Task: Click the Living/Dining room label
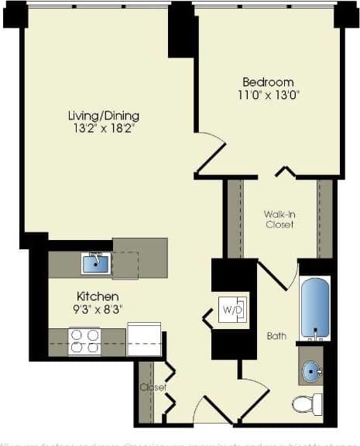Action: [103, 115]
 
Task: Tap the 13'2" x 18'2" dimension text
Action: [103, 129]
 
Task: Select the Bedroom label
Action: [268, 82]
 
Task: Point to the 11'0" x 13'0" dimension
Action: [268, 96]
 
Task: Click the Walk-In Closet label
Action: [279, 218]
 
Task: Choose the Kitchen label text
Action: [97, 296]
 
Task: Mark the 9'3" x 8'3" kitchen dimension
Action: [97, 309]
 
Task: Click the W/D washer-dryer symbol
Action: [232, 310]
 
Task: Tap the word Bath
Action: [276, 336]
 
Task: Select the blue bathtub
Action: [315, 308]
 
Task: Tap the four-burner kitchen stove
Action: [85, 341]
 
